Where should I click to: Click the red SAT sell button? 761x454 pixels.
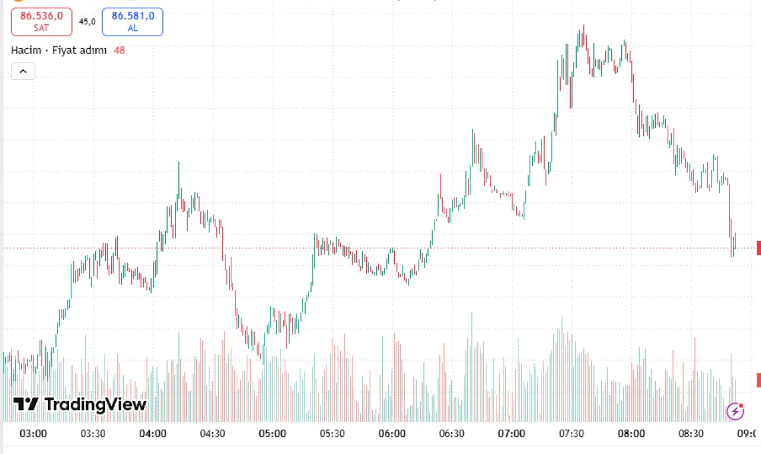(42, 22)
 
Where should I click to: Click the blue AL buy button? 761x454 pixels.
(133, 22)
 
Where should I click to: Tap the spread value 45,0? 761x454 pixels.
(87, 22)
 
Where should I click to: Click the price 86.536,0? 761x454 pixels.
(42, 16)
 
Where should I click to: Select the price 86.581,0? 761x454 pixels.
(133, 16)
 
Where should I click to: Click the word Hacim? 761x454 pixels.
(26, 51)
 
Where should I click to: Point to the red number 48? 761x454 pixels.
(120, 51)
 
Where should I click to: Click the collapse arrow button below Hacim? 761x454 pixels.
(23, 71)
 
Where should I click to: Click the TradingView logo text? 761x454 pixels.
(96, 405)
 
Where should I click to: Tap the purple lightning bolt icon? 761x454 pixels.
(735, 412)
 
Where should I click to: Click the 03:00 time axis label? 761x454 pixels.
(33, 434)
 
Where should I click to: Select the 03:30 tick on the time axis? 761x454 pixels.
(93, 434)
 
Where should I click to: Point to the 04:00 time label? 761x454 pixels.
(153, 434)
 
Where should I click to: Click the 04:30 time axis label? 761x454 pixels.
(213, 434)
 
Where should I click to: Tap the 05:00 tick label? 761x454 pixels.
(272, 434)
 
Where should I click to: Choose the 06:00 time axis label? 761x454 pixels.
(392, 434)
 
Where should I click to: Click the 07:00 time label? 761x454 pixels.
(512, 434)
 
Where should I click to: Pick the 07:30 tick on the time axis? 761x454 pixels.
(571, 434)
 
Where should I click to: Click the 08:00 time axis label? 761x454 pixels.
(631, 434)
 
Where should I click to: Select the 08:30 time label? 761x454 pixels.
(691, 434)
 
